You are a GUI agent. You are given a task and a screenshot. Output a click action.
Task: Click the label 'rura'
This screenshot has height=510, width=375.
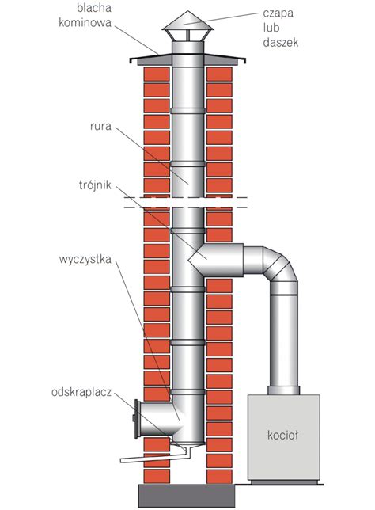pos(100,126)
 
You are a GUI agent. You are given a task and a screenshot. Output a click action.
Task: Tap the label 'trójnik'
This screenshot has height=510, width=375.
pos(95,185)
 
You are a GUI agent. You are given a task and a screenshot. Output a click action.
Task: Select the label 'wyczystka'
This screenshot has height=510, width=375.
pos(85,260)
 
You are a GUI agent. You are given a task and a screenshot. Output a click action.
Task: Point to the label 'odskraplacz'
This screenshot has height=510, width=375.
pos(81,392)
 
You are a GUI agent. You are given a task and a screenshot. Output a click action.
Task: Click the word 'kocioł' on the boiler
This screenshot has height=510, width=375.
pos(282,435)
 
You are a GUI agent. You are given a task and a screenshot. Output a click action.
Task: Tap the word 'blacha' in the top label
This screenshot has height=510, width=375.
pos(94,8)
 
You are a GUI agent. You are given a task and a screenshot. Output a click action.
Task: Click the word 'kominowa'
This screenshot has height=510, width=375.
pos(85,23)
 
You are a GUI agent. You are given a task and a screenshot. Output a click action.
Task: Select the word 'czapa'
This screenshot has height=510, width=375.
pos(278,14)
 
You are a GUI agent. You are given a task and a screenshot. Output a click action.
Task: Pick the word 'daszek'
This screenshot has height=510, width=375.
pos(280,42)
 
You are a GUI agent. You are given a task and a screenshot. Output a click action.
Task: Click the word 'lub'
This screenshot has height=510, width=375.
pos(271,28)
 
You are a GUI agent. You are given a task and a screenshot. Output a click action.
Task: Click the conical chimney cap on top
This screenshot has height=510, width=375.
pos(187,21)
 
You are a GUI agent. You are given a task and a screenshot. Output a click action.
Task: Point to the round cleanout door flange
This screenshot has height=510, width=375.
pos(137,419)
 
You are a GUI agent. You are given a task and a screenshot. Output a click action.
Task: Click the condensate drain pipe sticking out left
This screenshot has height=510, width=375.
pos(153,458)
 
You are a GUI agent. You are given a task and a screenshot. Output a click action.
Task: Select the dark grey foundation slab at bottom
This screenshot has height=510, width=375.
pos(187,496)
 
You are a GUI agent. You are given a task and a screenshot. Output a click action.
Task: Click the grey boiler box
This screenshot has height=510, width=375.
pos(284,437)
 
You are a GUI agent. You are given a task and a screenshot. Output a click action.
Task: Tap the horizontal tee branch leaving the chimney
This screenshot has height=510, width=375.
pos(217,260)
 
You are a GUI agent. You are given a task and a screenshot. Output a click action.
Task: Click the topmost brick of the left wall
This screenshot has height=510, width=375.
pos(157,74)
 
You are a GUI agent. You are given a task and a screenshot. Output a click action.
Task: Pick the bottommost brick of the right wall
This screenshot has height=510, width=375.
pos(219,477)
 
